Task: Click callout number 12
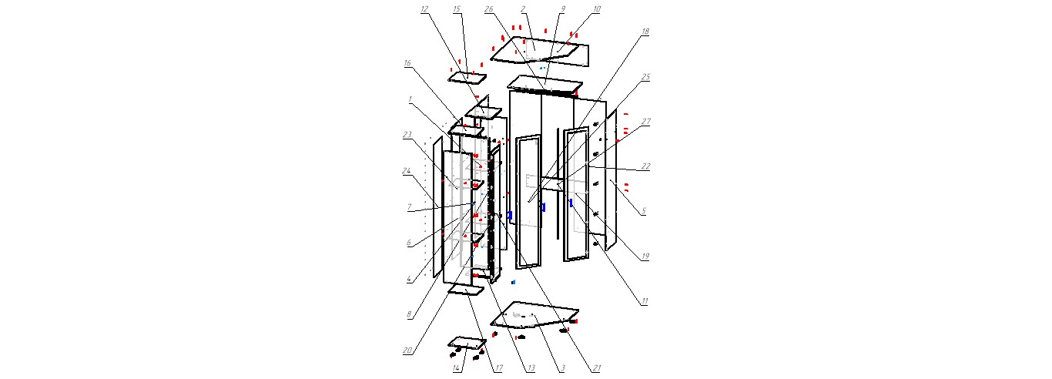424,9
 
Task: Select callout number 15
457,9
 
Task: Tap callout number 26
489,9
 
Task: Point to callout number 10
597,9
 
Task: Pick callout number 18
645,32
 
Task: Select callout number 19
645,257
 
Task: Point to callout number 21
596,368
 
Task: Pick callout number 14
457,368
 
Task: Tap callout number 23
406,135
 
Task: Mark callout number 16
407,64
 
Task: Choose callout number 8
406,314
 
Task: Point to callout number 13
531,368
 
